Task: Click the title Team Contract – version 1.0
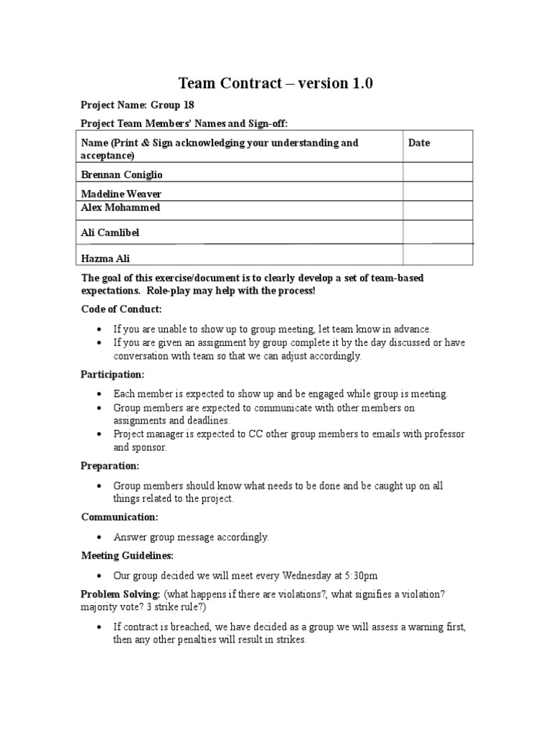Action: tap(275, 84)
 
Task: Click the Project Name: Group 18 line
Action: tap(137, 105)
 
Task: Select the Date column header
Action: tap(419, 143)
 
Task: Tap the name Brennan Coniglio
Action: tap(121, 174)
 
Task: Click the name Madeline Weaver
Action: tap(121, 194)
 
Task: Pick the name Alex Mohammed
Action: tap(121, 207)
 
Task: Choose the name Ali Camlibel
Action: tap(110, 233)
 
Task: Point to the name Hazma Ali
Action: tap(105, 258)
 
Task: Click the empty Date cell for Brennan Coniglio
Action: tap(438, 172)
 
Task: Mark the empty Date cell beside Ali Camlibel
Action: tap(438, 232)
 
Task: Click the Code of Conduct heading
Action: tap(121, 309)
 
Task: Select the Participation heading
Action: tap(113, 374)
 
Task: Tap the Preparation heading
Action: tap(110, 466)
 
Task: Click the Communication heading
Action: tap(119, 517)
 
